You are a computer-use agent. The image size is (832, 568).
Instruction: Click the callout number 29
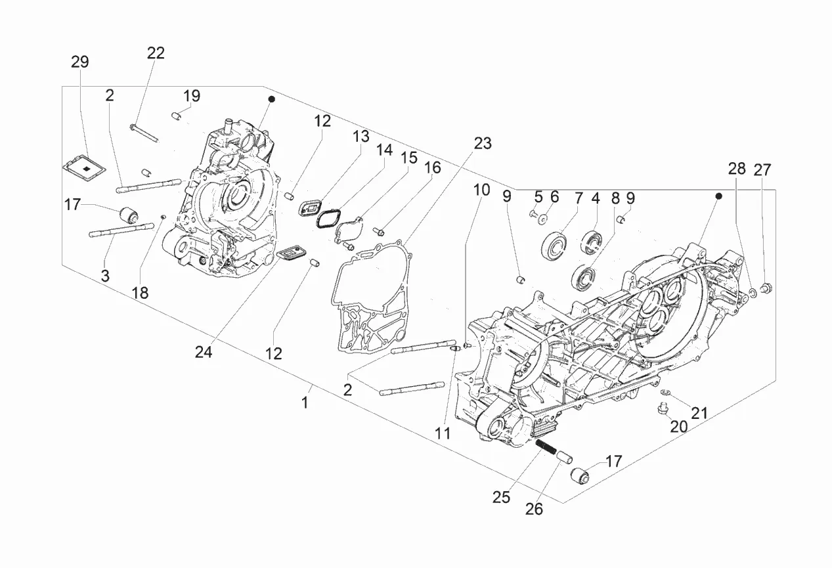[x=80, y=62]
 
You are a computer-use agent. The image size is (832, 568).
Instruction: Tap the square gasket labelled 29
[x=84, y=168]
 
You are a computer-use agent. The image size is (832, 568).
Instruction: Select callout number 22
[x=156, y=53]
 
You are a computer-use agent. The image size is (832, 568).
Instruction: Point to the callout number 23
[x=483, y=143]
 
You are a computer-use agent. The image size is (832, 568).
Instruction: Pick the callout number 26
[x=534, y=510]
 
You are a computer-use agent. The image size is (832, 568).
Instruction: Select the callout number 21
[x=699, y=413]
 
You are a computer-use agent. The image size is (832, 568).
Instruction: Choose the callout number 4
[x=596, y=198]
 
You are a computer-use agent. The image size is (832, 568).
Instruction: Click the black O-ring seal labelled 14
[x=328, y=220]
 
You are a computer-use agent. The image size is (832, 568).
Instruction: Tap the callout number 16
[x=433, y=168]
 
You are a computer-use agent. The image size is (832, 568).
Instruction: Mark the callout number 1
[x=305, y=403]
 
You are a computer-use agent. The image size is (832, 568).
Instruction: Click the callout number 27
[x=762, y=170]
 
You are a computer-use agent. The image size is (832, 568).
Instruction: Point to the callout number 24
[x=204, y=352]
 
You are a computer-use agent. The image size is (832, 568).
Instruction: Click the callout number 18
[x=141, y=293]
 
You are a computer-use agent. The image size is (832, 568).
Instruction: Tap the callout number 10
[x=482, y=190]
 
